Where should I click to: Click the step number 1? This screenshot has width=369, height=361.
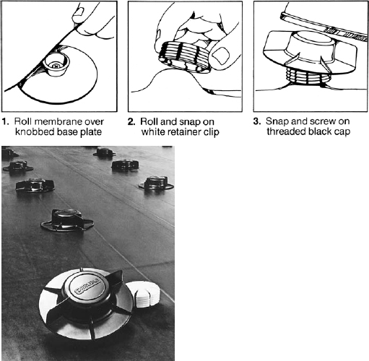pyautogui.click(x=5, y=121)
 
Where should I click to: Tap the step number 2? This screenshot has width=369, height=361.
pyautogui.click(x=131, y=122)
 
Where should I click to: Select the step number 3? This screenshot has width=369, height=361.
pyautogui.click(x=257, y=121)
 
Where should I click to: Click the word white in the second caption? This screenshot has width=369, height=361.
pyautogui.click(x=153, y=132)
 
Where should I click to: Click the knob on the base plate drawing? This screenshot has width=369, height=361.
pyautogui.click(x=56, y=64)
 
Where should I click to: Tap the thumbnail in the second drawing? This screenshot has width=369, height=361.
pyautogui.click(x=221, y=56)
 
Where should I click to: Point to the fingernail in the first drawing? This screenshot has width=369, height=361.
pyautogui.click(x=79, y=12)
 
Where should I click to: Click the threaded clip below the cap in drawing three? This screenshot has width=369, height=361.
pyautogui.click(x=308, y=77)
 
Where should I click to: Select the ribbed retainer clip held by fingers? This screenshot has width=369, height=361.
pyautogui.click(x=185, y=56)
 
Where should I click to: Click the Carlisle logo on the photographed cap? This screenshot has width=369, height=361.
pyautogui.click(x=87, y=287)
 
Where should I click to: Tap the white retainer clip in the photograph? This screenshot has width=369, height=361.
pyautogui.click(x=144, y=294)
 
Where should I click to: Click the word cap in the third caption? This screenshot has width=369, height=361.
pyautogui.click(x=342, y=132)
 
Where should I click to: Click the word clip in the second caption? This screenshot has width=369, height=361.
pyautogui.click(x=212, y=132)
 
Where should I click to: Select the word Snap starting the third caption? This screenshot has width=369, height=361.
pyautogui.click(x=277, y=121)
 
